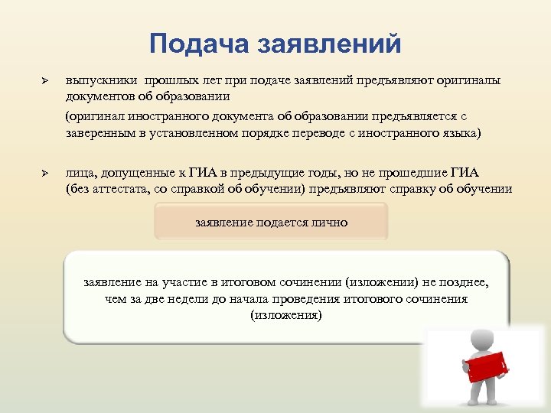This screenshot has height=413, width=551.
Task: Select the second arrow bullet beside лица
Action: coord(44,174)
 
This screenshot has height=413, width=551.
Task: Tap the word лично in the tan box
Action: coord(328,223)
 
